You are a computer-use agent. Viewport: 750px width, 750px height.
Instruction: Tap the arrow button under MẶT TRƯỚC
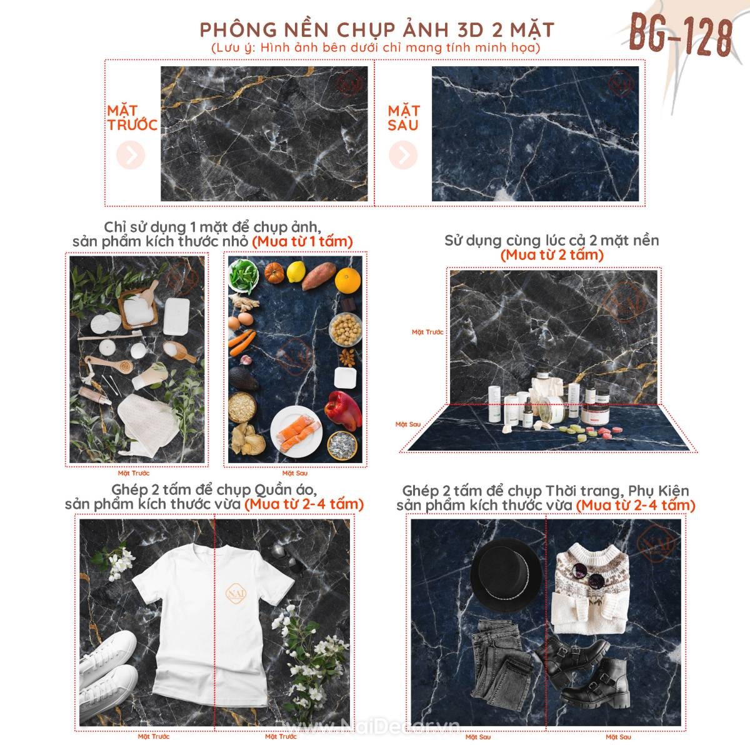[x=131, y=156]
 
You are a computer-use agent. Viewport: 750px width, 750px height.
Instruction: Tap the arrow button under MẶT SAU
[x=403, y=154]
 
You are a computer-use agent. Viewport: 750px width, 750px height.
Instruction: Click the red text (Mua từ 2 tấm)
[x=552, y=254]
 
